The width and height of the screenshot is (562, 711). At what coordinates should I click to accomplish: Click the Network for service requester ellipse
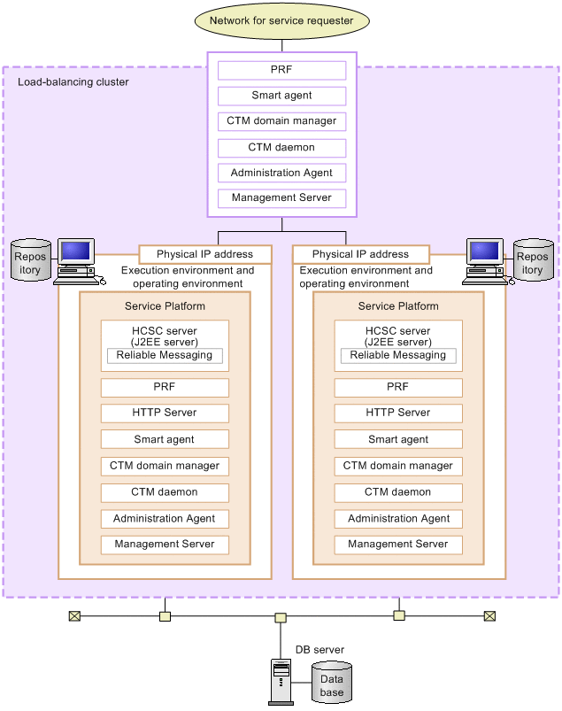click(x=281, y=20)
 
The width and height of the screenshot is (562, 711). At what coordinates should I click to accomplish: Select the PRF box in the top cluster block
click(x=281, y=69)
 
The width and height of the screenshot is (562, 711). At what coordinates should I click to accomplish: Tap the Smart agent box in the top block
click(x=281, y=96)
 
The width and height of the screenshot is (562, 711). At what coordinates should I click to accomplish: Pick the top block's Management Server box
click(x=281, y=198)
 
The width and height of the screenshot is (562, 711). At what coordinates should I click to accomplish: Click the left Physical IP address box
click(x=204, y=254)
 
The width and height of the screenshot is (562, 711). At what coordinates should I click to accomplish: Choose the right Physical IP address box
click(x=360, y=254)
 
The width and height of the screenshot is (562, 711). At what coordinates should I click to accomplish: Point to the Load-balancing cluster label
click(x=73, y=82)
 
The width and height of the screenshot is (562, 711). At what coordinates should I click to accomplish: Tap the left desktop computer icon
click(x=78, y=260)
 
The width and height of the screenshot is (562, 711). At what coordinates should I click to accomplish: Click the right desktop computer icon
click(x=485, y=260)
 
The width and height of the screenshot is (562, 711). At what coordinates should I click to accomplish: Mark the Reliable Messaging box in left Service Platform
click(x=165, y=355)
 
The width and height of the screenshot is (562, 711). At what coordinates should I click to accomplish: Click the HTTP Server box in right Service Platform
click(x=398, y=413)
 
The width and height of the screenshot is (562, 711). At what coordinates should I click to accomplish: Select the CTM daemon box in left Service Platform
click(x=165, y=492)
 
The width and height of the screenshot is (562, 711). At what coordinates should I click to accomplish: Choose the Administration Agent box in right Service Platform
click(x=398, y=519)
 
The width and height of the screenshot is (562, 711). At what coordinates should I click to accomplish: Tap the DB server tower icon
click(x=281, y=683)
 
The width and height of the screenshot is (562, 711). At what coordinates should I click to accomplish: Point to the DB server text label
click(x=319, y=650)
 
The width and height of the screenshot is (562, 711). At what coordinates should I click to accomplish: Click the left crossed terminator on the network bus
click(x=74, y=615)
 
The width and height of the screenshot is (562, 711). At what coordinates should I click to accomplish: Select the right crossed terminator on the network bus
click(x=489, y=615)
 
